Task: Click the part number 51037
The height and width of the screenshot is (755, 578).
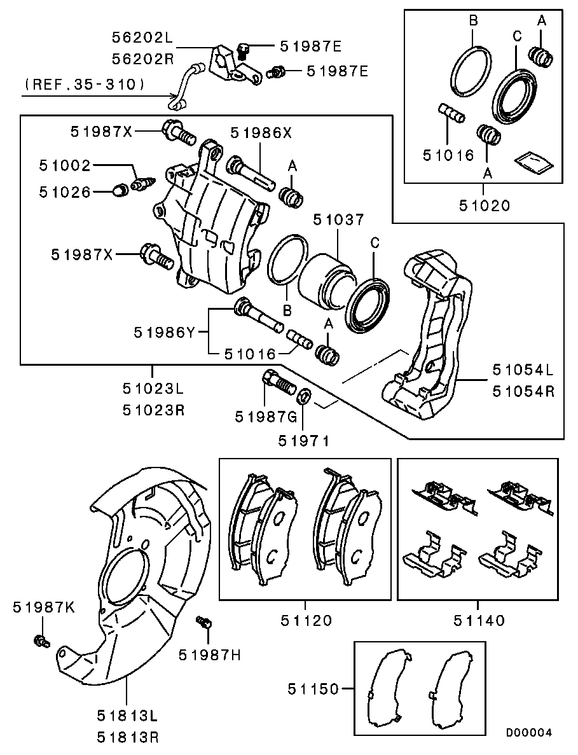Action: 338,219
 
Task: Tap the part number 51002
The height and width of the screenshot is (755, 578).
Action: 64,166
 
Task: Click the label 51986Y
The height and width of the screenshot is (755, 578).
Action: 164,331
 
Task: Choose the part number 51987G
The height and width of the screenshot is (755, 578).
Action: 266,417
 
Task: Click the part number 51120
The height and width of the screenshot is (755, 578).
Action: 306,620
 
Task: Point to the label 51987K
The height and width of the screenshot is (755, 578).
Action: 43,607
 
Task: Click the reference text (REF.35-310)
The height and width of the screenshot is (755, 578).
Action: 85,83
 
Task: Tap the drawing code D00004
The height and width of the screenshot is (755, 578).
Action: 529,732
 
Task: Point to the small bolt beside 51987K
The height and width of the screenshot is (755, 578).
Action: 41,641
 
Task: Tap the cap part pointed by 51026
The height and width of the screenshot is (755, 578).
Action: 119,190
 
